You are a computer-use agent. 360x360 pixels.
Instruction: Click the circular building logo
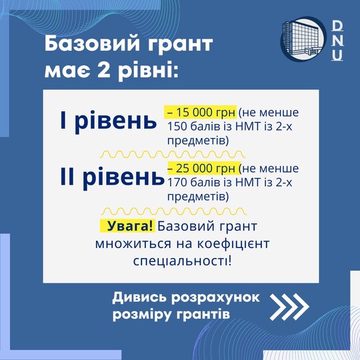pos(303,39)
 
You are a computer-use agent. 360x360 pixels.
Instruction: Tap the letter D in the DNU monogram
pos(337,26)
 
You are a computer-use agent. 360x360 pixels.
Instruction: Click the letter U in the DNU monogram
pos(337,55)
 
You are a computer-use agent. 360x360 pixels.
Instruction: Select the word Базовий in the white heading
pos(92,43)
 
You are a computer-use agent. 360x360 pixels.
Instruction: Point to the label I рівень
pos(108,120)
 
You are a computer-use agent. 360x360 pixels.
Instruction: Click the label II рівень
pos(112,177)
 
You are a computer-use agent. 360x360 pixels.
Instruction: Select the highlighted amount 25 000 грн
pos(202,168)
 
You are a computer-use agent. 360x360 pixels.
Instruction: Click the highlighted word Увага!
pos(127,226)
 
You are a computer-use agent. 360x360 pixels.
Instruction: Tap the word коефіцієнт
pos(233,244)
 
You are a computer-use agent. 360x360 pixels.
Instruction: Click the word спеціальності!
pos(183,261)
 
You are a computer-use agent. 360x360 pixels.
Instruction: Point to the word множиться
pos(133,244)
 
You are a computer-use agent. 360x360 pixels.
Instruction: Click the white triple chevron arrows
pos(289,307)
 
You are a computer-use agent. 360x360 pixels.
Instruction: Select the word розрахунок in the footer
pos(215,298)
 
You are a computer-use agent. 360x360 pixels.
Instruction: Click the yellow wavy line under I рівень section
pos(173,155)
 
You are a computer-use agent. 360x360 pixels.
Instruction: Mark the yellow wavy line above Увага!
pos(174,211)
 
